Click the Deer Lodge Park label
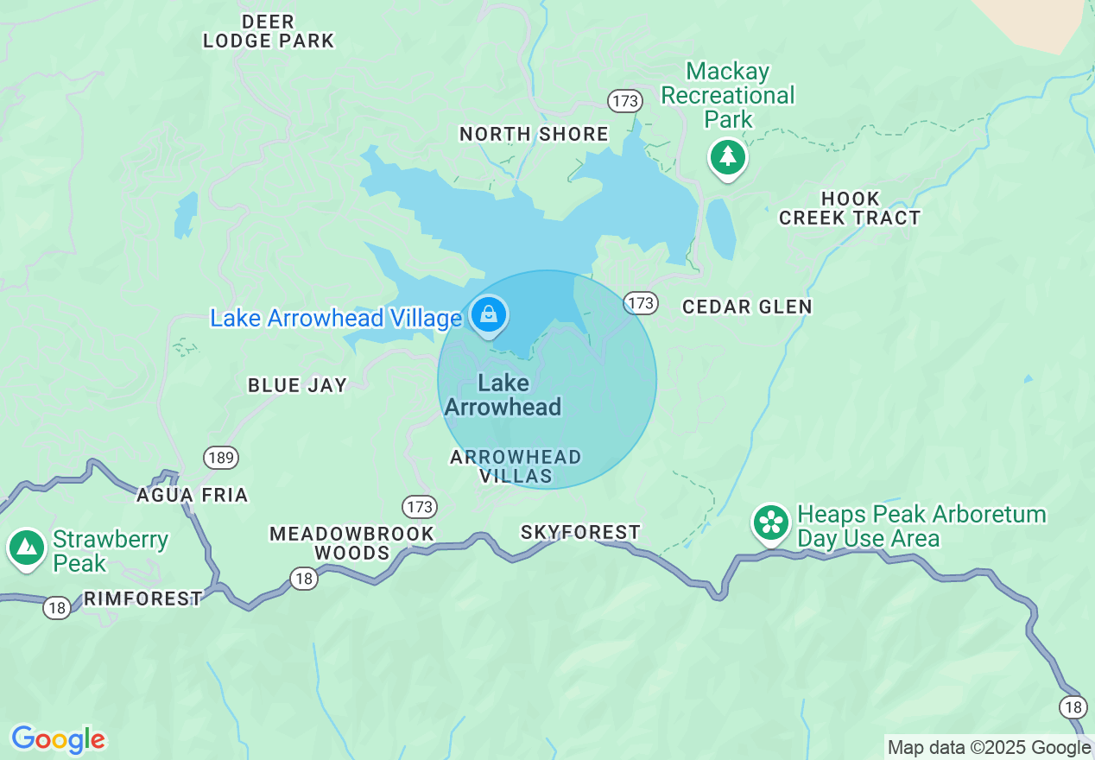point(268,31)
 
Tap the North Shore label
point(534,134)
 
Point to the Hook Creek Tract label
point(850,208)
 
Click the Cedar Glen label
point(747,307)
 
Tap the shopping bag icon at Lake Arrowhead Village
point(489,314)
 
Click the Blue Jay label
point(297,385)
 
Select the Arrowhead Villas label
point(516,466)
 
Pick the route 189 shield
point(222,457)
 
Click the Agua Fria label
point(193,495)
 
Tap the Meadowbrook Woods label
point(351,543)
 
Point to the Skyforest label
point(580,532)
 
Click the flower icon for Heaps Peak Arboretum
point(771,522)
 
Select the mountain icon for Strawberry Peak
point(27,547)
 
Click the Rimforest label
point(143,598)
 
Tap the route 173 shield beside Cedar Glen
point(641,303)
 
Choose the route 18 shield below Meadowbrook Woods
point(303,579)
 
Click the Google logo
point(58,739)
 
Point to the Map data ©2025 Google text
point(989,748)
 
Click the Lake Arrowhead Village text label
point(336,318)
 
